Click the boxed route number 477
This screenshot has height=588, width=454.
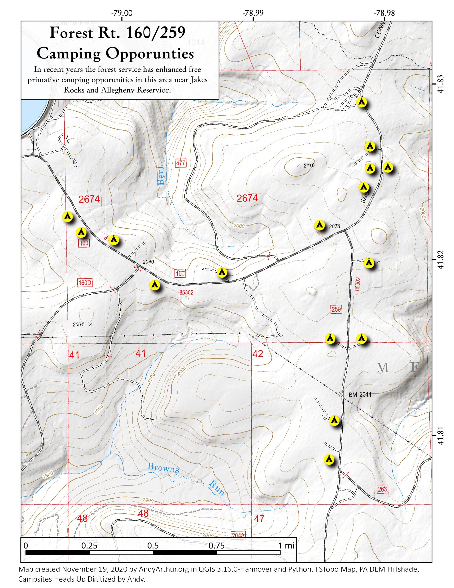pos(180,163)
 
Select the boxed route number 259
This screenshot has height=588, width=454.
pos(336,309)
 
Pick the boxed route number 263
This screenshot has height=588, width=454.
pos(382,489)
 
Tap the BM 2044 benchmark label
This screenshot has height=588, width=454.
pos(360,395)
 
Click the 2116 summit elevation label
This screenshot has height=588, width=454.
pos(309,166)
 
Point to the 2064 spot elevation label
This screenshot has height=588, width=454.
pos(78,324)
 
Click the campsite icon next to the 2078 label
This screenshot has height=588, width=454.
pos(319,224)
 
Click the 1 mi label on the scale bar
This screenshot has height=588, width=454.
pos(286,546)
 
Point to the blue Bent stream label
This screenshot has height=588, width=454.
pos(160,176)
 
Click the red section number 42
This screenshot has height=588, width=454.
pos(258,354)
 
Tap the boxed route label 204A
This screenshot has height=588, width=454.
pos(238,535)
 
